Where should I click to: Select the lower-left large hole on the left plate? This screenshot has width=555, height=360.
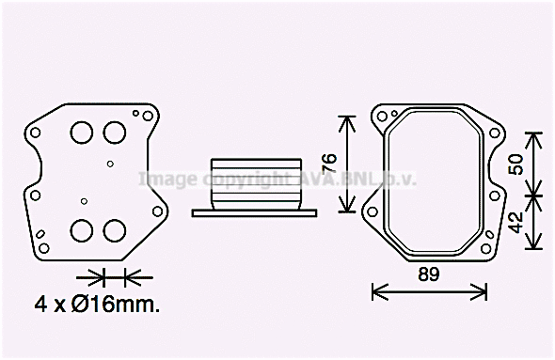click(82, 229)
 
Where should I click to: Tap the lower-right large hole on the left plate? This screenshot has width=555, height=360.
click(115, 229)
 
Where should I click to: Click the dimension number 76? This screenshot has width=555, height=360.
click(329, 163)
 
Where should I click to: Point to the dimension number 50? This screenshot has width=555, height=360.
click(516, 164)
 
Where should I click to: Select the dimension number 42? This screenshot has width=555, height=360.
click(516, 223)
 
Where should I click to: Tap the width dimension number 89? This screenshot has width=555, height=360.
click(428, 274)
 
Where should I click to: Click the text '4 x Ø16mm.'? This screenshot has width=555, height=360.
click(96, 305)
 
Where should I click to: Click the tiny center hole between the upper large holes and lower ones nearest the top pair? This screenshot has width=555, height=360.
click(110, 164)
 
